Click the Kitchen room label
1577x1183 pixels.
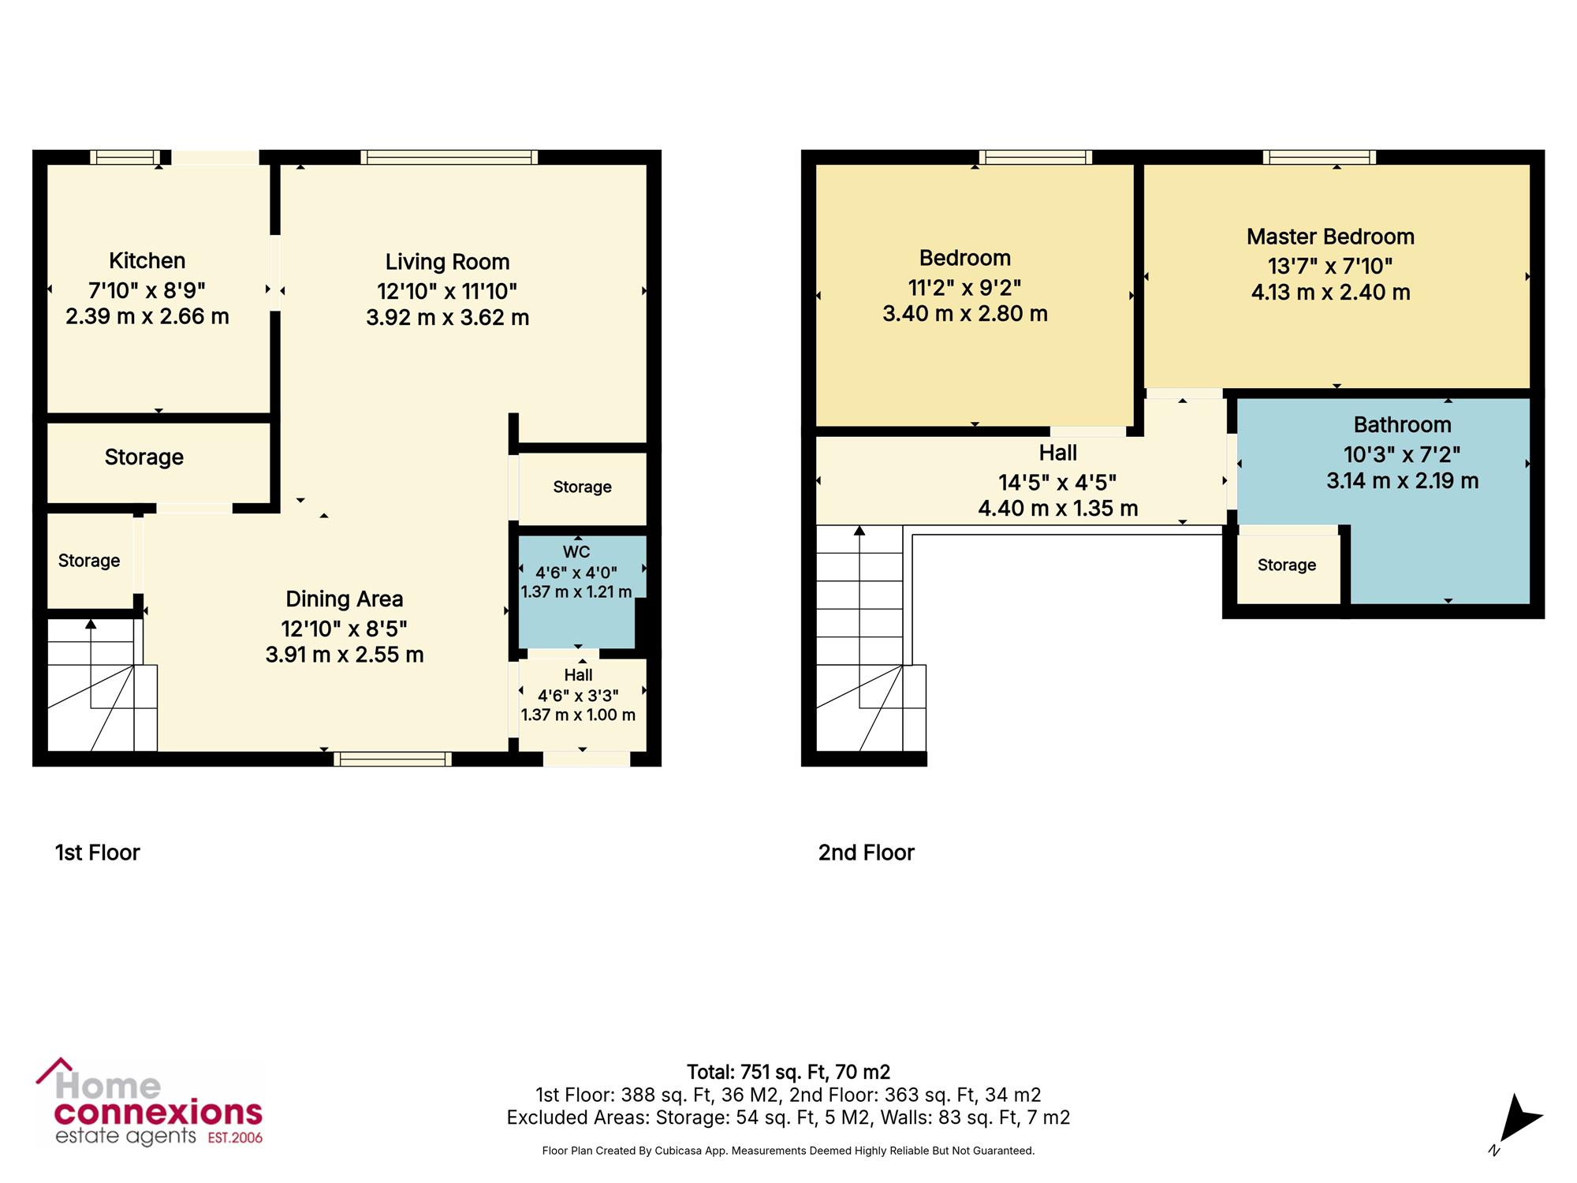(147, 260)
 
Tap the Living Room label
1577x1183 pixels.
(447, 262)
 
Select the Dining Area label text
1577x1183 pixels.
(345, 599)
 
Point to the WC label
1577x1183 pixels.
(576, 552)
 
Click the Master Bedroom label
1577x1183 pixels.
(1330, 237)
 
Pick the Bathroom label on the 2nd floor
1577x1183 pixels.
(1403, 424)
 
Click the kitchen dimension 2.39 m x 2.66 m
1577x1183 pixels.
(147, 316)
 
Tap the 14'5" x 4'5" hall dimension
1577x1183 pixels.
(1057, 482)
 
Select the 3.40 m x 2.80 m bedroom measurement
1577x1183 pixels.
(965, 314)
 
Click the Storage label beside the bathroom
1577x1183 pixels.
(1287, 565)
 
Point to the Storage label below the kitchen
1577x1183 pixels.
(144, 457)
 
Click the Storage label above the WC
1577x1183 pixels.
(583, 487)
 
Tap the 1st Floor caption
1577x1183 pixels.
(98, 853)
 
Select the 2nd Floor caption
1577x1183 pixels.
(867, 853)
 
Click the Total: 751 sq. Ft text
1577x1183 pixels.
(758, 1073)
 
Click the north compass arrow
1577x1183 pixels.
(1519, 1118)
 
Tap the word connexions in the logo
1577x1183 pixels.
(158, 1113)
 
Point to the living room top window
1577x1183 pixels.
(449, 157)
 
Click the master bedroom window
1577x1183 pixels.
(1319, 157)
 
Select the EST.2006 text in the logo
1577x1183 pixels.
(235, 1138)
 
